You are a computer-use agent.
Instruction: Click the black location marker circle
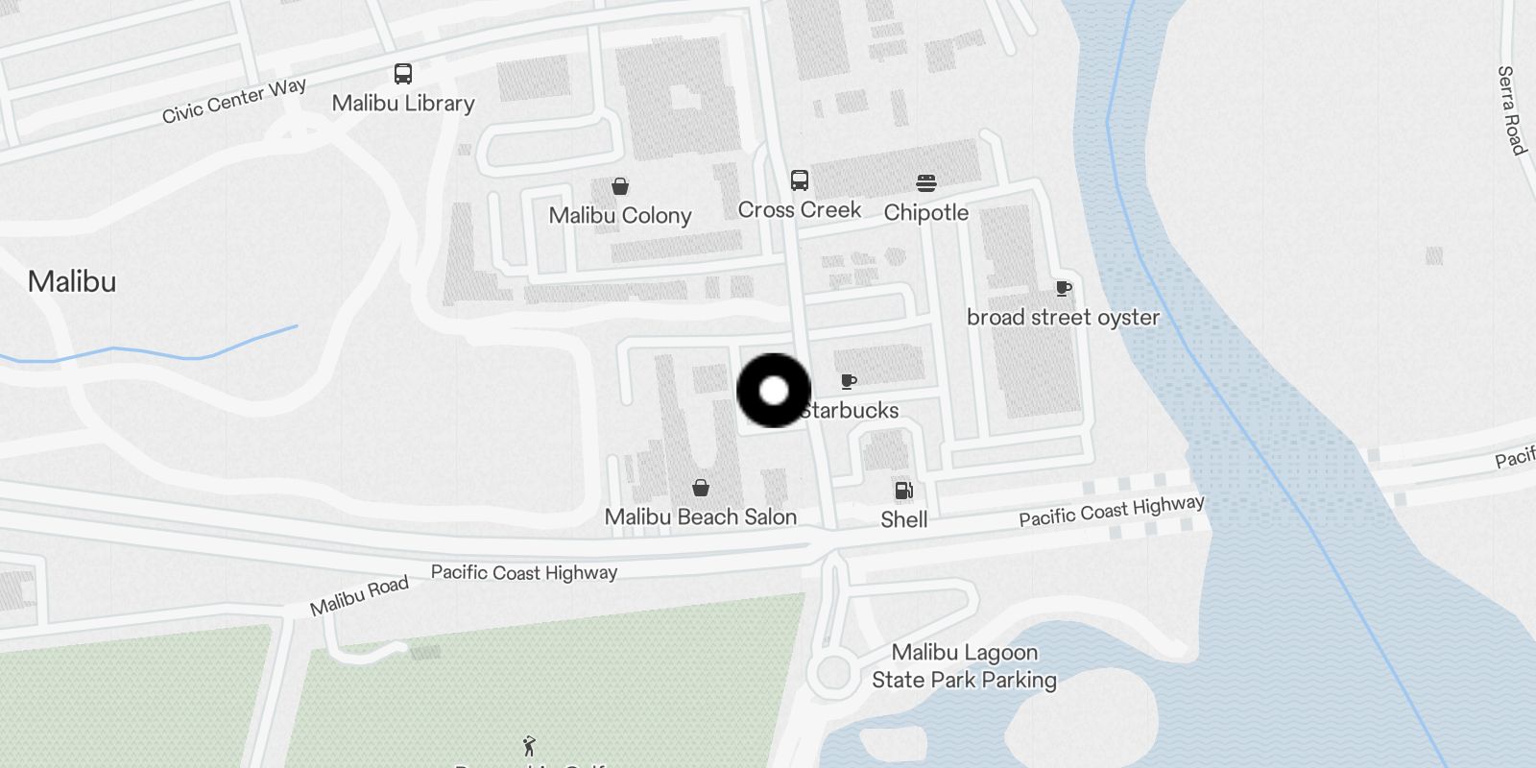click(774, 391)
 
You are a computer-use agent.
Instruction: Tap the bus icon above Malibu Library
click(403, 74)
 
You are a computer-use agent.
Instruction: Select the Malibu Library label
click(403, 103)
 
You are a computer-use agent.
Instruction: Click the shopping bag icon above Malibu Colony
click(620, 186)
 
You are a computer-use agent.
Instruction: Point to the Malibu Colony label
click(620, 215)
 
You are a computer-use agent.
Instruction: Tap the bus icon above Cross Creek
click(799, 180)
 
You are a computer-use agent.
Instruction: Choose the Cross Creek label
click(799, 209)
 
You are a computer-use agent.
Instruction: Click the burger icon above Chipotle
click(925, 183)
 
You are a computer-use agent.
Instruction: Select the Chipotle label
click(925, 212)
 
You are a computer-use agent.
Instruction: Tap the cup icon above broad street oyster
click(1063, 288)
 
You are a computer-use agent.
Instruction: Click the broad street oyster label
click(1063, 317)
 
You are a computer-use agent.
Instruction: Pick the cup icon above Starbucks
click(849, 382)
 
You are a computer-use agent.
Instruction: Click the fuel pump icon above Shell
click(903, 491)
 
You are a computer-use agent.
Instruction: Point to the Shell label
click(903, 519)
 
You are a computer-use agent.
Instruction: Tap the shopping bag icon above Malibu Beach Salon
click(701, 488)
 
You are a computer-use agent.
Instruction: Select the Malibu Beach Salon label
click(701, 516)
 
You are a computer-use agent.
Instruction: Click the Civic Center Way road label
click(234, 101)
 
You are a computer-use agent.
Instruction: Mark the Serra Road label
click(1511, 110)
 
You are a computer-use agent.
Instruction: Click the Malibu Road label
click(359, 595)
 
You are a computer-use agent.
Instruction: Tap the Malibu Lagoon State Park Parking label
click(964, 666)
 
